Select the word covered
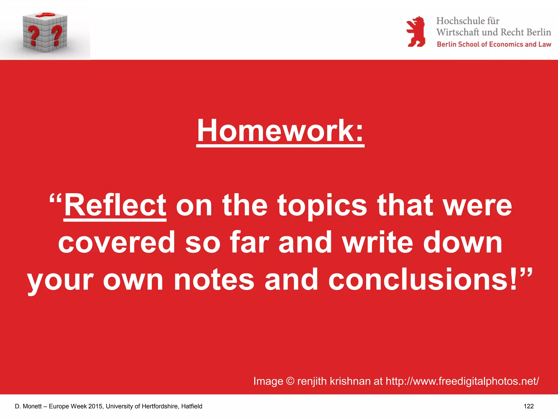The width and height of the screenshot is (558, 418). click(x=117, y=242)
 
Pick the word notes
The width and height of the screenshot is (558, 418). click(x=214, y=280)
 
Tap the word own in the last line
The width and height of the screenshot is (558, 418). click(x=133, y=280)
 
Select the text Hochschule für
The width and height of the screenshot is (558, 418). click(x=468, y=21)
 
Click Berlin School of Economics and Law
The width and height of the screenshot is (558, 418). click(x=494, y=44)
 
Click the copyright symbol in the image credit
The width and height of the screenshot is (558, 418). click(x=290, y=381)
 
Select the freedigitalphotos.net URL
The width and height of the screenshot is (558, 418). click(x=462, y=381)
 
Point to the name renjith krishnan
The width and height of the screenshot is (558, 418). click(x=334, y=381)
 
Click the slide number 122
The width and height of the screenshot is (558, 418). click(x=529, y=406)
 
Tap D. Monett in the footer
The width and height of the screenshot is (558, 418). click(x=28, y=406)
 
